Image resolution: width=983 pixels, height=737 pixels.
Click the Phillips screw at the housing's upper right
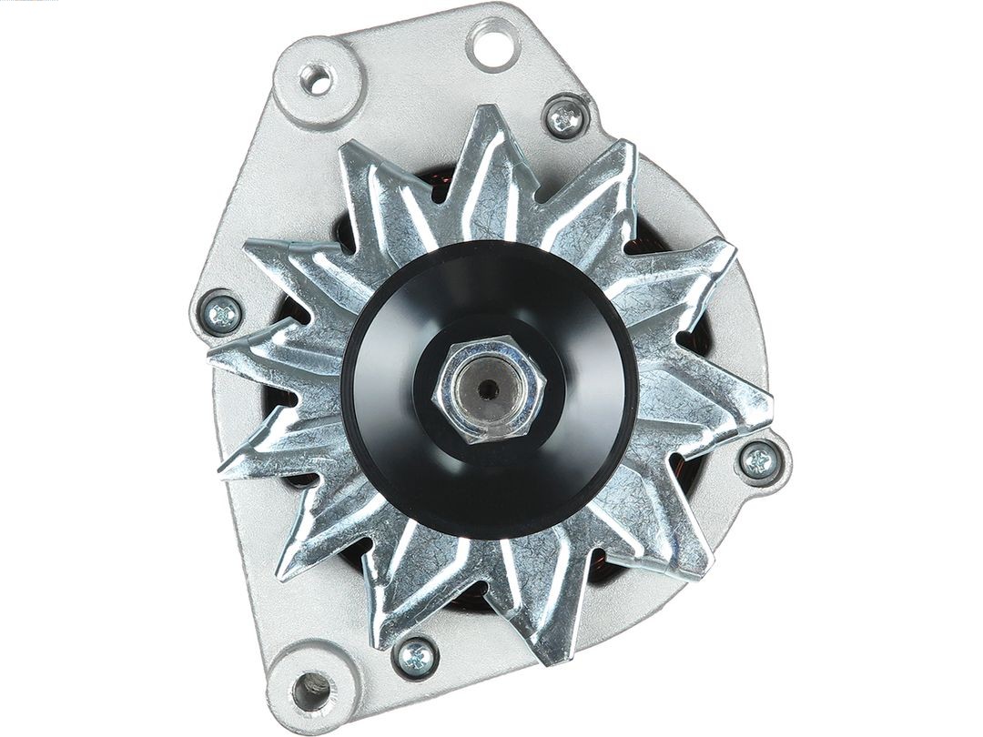pos(565,118)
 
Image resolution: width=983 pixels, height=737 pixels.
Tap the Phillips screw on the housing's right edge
pos(757,460)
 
